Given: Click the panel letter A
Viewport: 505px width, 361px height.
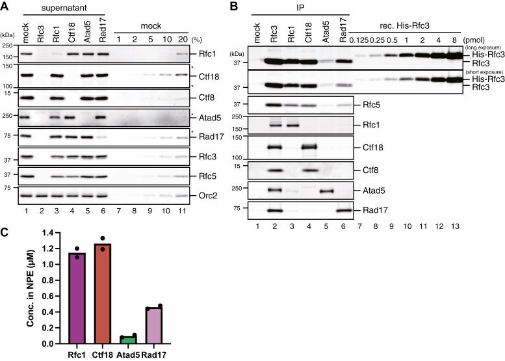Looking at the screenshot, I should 5,7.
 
